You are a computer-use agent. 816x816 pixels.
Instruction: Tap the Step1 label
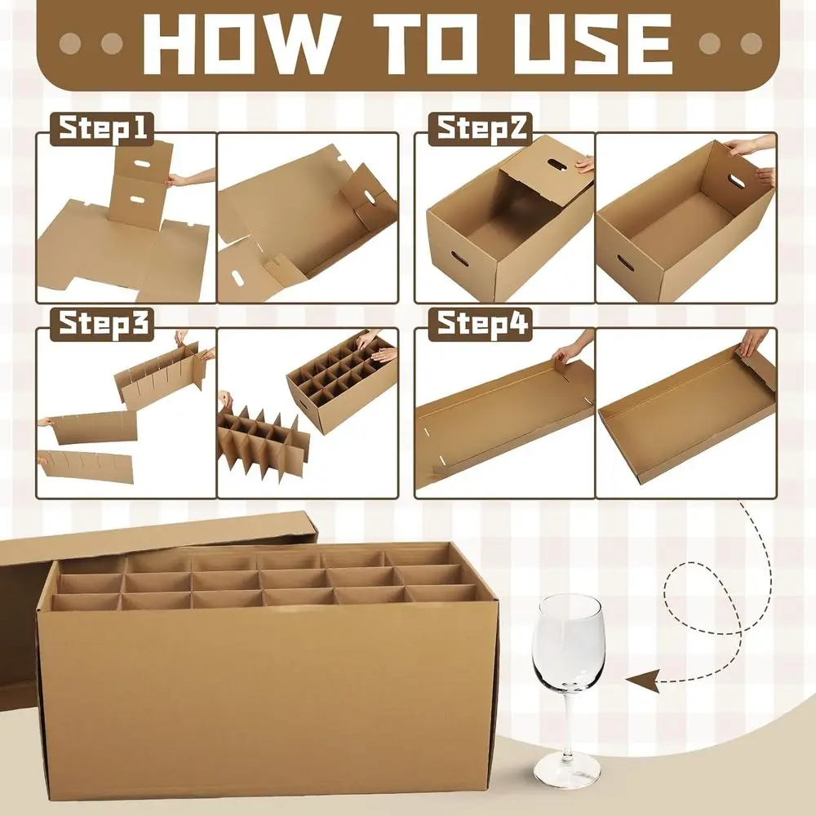[103, 130]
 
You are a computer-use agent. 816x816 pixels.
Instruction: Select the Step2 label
[481, 130]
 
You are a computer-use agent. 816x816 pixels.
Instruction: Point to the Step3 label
[103, 325]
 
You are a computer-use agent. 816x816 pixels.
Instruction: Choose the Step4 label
[481, 325]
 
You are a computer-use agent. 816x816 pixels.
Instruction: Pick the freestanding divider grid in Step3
[261, 445]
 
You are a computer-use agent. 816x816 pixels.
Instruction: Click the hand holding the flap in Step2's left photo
[584, 166]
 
